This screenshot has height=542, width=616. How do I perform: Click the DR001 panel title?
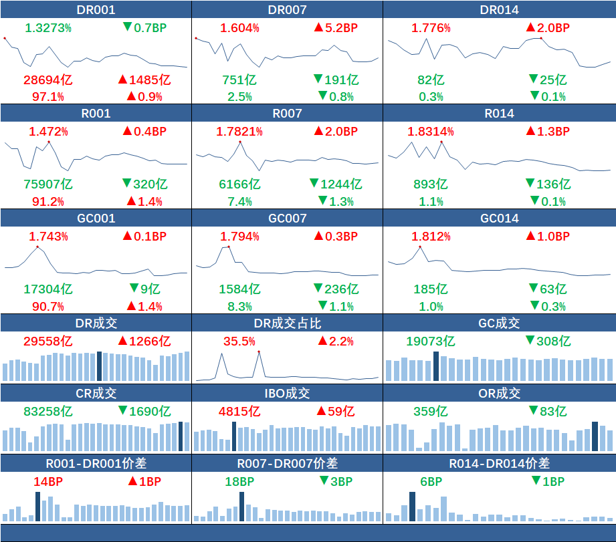coord(96,9)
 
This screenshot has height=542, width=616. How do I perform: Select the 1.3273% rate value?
coord(48,27)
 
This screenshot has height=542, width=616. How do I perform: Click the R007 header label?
coord(288,114)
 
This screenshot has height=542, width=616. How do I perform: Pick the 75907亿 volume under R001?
coord(48,184)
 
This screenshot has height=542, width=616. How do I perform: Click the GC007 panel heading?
coord(288,219)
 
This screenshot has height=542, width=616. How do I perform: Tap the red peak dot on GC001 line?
coord(37,247)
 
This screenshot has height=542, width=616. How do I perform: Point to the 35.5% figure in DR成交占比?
coord(239,341)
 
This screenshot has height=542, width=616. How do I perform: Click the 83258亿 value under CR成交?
coord(47,411)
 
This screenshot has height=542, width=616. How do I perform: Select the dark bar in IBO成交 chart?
coord(234,436)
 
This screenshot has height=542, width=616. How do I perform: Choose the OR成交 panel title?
coord(500,394)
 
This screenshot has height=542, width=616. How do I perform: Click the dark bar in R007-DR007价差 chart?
coord(241,507)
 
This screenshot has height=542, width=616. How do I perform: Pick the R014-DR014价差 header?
coord(500,463)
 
